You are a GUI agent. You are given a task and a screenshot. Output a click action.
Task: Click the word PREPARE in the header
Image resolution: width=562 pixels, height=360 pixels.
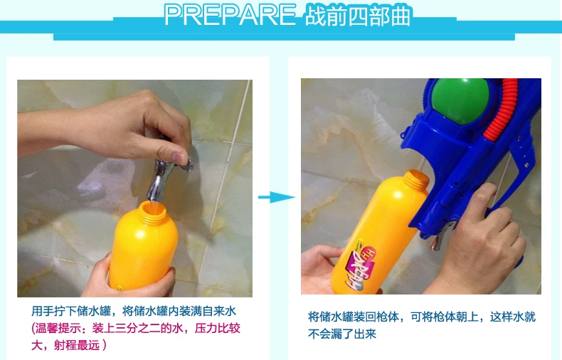(x=230, y=15)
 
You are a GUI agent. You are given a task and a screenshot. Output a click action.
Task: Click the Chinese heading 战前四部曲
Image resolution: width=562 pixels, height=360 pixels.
(x=357, y=16)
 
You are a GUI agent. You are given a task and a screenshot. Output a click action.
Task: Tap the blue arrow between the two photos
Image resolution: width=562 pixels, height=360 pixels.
(x=276, y=197)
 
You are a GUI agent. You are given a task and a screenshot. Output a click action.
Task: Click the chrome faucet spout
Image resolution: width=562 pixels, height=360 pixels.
(x=159, y=181)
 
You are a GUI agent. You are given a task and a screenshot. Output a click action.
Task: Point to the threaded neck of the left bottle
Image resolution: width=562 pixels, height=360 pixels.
(x=154, y=211)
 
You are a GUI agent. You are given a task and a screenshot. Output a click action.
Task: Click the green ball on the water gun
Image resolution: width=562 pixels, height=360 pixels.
(x=460, y=100)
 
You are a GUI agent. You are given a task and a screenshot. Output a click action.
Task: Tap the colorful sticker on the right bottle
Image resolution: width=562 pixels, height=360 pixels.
(x=360, y=264)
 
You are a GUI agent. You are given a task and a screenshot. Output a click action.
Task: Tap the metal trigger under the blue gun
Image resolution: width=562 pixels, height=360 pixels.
(x=438, y=238)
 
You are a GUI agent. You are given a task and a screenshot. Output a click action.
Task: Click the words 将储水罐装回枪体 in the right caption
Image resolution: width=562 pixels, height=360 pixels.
(x=354, y=317)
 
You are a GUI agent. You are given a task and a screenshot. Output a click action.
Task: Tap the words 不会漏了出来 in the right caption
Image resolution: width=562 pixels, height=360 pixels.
(x=342, y=334)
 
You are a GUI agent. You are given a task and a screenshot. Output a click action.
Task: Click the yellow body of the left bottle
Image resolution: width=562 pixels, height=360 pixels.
(x=144, y=251)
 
